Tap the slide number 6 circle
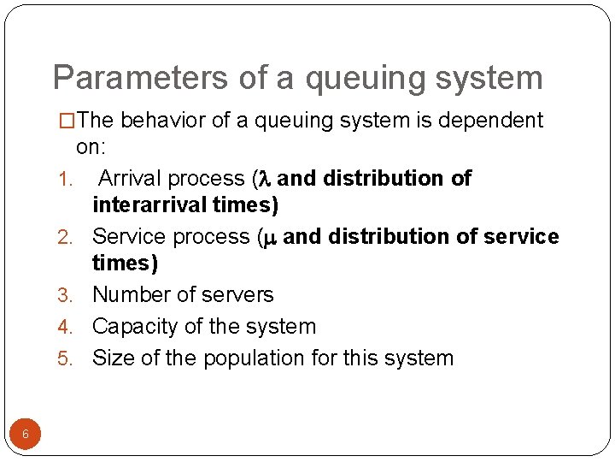pos(26,435)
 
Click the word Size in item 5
pos(111,358)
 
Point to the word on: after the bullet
pos(90,147)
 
